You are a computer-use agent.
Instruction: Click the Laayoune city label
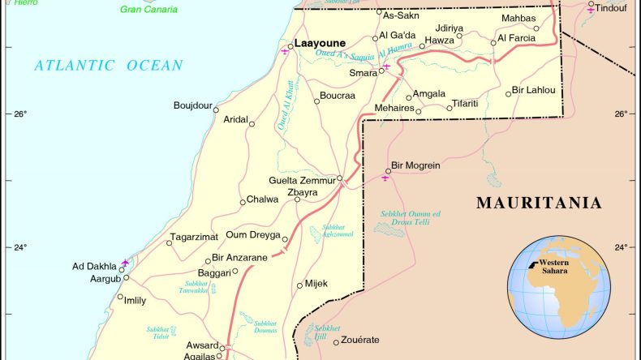coord(320,43)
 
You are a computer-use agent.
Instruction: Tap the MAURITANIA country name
coord(539,203)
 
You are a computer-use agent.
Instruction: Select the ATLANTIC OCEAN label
coord(109,66)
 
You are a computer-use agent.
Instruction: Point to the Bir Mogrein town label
coord(415,165)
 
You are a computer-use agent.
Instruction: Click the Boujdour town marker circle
coord(217,106)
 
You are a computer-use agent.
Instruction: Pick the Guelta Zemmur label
coord(301,180)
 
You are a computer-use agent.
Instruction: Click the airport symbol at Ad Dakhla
coord(125,263)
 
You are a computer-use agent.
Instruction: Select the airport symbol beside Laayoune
coord(284,51)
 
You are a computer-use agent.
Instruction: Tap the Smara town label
coord(364,72)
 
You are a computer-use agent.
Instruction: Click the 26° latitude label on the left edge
coord(19,114)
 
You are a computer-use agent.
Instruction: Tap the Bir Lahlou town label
coord(534,89)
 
